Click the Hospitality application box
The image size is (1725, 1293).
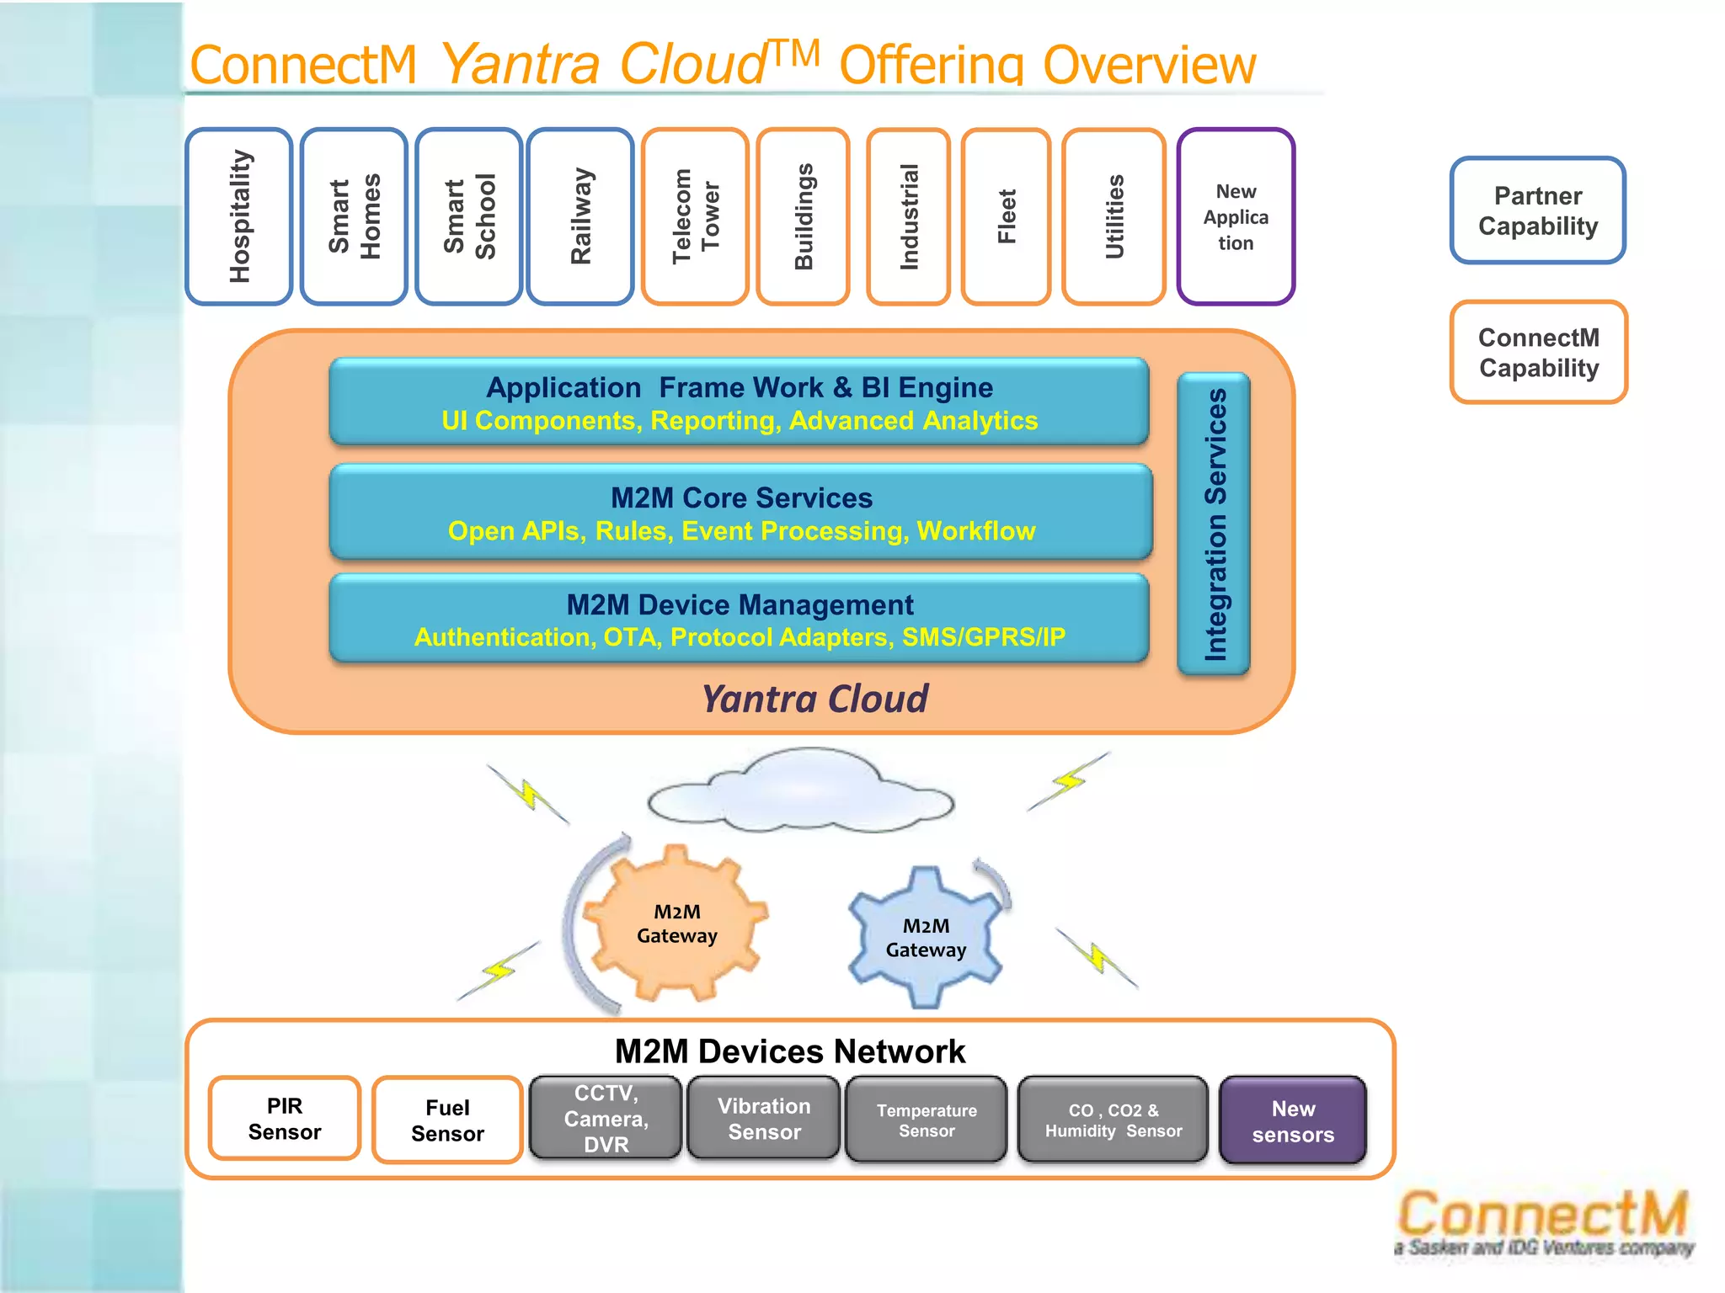point(239,216)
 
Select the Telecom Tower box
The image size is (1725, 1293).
point(695,216)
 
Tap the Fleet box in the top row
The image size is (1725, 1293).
point(1007,216)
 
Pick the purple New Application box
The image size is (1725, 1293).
point(1236,216)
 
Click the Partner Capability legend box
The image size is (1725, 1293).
point(1538,210)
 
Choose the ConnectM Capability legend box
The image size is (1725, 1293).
point(1539,352)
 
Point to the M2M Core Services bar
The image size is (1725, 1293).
point(741,512)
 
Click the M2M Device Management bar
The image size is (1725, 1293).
point(740,619)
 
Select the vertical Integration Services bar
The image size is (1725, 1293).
point(1214,524)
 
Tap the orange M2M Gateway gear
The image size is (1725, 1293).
point(676,923)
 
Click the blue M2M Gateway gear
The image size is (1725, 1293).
point(926,937)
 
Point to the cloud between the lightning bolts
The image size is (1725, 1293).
point(800,791)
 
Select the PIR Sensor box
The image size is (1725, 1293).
point(285,1119)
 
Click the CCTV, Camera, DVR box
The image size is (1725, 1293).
point(606,1118)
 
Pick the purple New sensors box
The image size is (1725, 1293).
point(1293,1120)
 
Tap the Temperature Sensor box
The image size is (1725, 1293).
point(927,1120)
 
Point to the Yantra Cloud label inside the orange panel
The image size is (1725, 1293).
point(814,699)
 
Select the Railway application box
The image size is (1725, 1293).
point(580,216)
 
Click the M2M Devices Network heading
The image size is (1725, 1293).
point(790,1051)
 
